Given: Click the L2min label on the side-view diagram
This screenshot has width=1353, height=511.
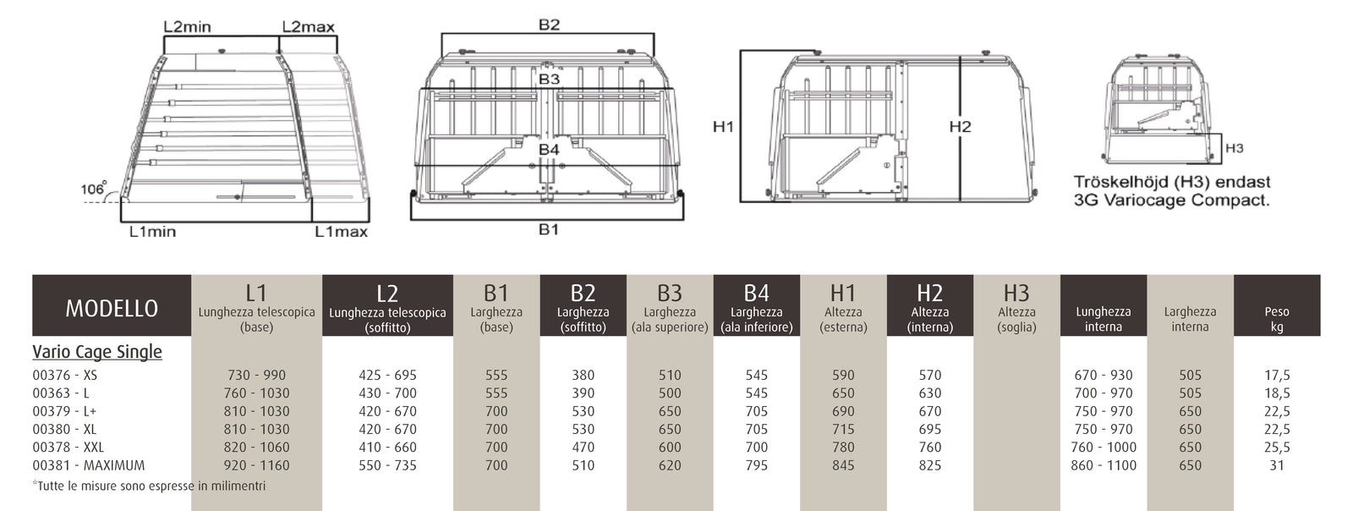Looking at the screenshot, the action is [187, 26].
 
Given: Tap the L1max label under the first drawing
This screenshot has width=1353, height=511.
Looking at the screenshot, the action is [342, 231].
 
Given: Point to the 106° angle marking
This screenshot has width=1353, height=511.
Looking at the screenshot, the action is [94, 188].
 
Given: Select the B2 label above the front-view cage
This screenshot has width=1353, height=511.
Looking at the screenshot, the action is [549, 25].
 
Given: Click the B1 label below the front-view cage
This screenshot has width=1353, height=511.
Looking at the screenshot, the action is [549, 229].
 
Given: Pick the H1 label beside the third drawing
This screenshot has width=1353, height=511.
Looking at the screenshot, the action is [723, 126].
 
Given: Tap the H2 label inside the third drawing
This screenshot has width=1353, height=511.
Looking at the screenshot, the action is [960, 126].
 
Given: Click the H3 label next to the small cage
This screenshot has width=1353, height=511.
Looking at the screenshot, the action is [1234, 148].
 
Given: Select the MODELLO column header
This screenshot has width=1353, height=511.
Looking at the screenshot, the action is [112, 309].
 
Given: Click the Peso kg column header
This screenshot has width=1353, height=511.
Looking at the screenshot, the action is [1277, 319].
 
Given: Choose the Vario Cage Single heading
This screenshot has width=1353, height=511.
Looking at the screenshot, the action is [97, 352].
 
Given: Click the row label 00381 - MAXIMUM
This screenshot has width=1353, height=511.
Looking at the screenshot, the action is [89, 465].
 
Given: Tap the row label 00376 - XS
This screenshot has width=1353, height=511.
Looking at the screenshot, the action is [64, 375].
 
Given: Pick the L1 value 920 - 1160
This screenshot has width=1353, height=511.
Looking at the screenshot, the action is [257, 465].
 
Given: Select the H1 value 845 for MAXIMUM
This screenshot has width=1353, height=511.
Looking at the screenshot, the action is [843, 465].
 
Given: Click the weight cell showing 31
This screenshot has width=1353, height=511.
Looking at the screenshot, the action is [1277, 465].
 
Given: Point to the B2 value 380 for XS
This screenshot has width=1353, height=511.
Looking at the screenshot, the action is [583, 375].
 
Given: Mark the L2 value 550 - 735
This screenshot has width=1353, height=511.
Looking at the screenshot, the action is [387, 465].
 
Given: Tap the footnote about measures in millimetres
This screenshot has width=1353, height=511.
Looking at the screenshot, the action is [149, 486].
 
